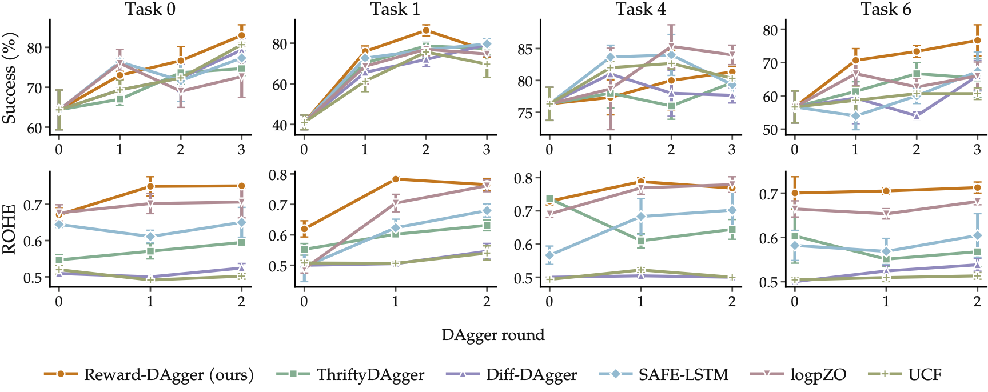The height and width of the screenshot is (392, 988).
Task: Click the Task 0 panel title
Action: [150, 9]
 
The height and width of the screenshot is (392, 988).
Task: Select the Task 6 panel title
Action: [886, 9]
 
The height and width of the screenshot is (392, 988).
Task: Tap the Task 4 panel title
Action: [641, 9]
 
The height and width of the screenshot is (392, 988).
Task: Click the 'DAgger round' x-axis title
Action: [493, 335]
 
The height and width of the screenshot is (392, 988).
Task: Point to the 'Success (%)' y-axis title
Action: [9, 78]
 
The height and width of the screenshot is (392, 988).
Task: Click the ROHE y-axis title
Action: [9, 230]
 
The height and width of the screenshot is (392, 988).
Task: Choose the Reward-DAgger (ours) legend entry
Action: [149, 375]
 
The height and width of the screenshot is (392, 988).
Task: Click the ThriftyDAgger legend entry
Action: [350, 375]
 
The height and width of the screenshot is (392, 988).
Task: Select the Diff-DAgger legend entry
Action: [511, 375]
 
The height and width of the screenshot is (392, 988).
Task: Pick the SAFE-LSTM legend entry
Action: [664, 375]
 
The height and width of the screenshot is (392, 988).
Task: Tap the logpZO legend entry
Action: [798, 375]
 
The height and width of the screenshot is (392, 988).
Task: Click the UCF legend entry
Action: [905, 375]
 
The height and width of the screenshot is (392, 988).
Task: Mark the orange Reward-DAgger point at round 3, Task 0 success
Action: [241, 35]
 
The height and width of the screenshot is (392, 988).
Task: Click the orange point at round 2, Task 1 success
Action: [426, 30]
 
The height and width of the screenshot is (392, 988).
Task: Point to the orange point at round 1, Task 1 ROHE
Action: [395, 179]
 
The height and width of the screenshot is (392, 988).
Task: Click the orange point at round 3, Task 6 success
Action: [977, 41]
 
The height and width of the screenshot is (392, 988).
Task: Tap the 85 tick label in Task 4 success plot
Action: [525, 49]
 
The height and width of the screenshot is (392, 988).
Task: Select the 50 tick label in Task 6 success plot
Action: [770, 130]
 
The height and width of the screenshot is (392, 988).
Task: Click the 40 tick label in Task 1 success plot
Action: [280, 125]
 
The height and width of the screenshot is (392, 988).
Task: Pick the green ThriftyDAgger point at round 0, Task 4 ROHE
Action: [549, 199]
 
